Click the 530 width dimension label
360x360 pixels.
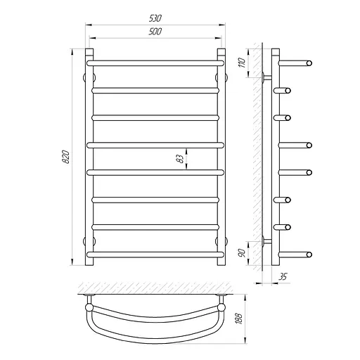155,18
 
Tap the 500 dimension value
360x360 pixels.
155,32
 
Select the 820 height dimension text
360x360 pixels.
66,157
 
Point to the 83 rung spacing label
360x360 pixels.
180,159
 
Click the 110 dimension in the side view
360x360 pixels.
242,63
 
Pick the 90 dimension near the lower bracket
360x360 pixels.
242,253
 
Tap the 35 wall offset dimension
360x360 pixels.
283,276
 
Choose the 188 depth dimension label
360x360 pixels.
239,319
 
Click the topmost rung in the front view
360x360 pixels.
155,63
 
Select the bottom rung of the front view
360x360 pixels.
155,255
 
